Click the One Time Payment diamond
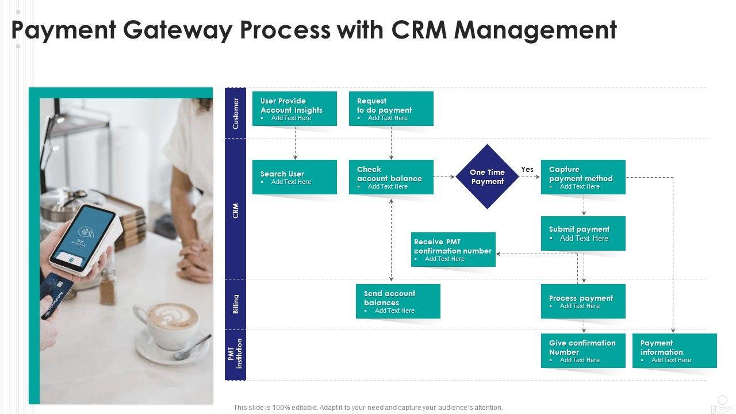tap(487, 177)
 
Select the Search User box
tap(294, 177)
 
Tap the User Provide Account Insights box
tap(294, 109)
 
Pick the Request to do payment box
tap(391, 109)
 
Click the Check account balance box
tap(391, 177)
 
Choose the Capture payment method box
tap(583, 177)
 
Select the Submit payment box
tap(583, 233)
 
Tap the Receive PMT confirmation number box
tap(453, 250)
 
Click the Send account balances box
tap(398, 301)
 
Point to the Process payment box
tap(583, 301)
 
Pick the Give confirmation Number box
tap(583, 351)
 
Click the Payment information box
tap(674, 351)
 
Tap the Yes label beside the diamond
tap(527, 169)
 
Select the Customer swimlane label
tap(236, 113)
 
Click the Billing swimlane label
tap(236, 304)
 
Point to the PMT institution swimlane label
tap(235, 354)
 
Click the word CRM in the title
tap(419, 29)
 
